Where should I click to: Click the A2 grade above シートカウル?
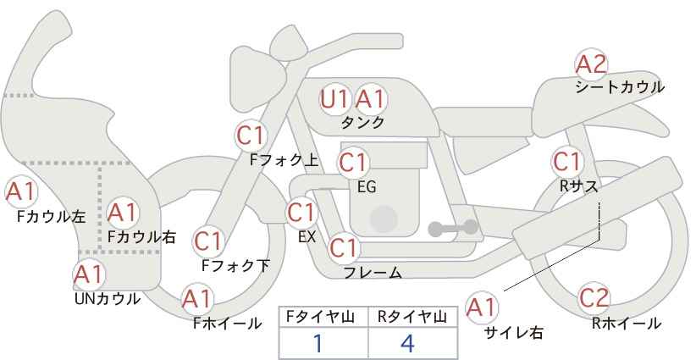[x=591, y=64]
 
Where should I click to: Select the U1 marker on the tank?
[x=335, y=99]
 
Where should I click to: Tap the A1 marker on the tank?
[x=370, y=99]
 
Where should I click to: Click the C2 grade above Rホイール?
[x=594, y=298]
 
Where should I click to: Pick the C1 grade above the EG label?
[x=353, y=163]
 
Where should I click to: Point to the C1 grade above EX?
[x=301, y=213]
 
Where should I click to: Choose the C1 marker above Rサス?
[x=567, y=162]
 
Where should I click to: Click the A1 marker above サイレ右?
[x=482, y=307]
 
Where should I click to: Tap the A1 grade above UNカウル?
[x=89, y=274]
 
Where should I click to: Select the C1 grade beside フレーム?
[x=344, y=247]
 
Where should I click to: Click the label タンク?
[x=362, y=123]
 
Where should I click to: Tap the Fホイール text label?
[x=227, y=324]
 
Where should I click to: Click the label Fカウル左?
[x=52, y=217]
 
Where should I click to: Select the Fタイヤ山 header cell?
[x=323, y=318]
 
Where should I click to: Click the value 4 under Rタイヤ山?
[x=407, y=343]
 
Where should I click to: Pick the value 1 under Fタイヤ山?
[x=318, y=343]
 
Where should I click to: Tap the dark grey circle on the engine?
[x=384, y=219]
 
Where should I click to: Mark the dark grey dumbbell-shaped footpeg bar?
[x=453, y=228]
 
